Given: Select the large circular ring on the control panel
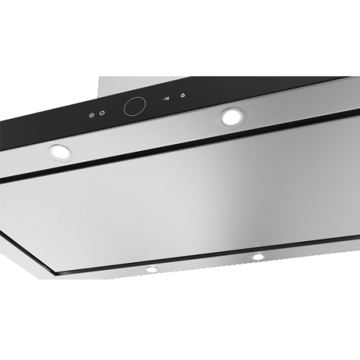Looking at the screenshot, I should pyautogui.click(x=135, y=107).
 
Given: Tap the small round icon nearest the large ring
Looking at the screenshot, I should pyautogui.click(x=102, y=113).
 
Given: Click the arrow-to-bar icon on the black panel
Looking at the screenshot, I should pyautogui.click(x=166, y=99).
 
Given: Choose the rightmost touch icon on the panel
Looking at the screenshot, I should pyautogui.click(x=184, y=96).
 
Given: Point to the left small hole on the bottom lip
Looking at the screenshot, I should pyautogui.click(x=151, y=269).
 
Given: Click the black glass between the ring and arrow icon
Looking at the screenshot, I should pyautogui.click(x=153, y=103).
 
